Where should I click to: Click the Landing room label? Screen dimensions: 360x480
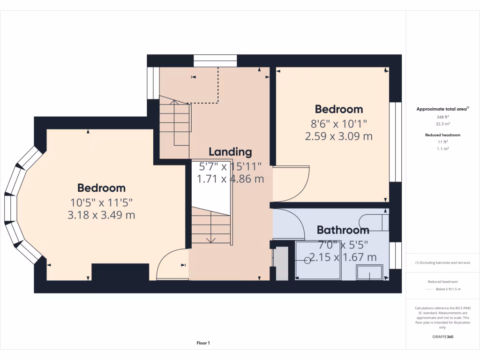coord(230,152)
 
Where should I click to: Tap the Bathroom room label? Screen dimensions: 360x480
coord(343,230)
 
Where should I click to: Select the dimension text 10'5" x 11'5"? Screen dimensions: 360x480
coord(102,202)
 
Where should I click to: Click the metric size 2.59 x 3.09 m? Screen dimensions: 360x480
coord(338,136)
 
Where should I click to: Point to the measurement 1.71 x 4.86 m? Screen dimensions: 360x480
coord(230,179)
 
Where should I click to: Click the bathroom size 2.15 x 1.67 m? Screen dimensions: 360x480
coord(343,257)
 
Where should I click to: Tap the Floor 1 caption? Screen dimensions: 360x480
coord(203,343)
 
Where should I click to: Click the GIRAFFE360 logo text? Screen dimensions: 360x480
coord(443,337)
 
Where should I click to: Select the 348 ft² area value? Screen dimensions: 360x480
coord(443,117)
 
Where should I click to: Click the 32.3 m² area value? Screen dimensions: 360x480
coord(443,124)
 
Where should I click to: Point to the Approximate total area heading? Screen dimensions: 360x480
coord(442,109)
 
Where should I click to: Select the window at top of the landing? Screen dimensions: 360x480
coord(215,61)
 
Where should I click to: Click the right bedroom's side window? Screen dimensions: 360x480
coord(396,142)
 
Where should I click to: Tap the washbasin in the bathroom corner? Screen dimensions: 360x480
coord(370,273)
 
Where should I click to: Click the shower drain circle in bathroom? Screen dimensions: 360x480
coord(307,261)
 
